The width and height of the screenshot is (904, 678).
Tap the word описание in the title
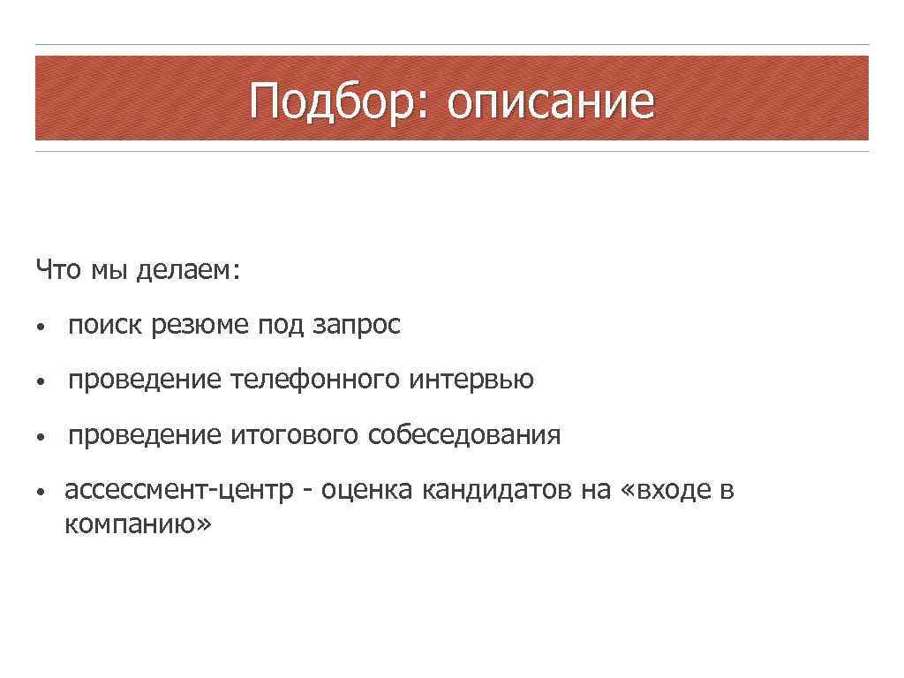point(551,101)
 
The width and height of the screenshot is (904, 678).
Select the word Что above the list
point(57,269)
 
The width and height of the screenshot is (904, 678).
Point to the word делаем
point(187,269)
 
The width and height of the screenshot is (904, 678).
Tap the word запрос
point(357,325)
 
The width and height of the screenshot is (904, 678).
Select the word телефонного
point(316,380)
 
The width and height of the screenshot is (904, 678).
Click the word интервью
point(471,380)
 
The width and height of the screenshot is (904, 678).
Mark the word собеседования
point(464,434)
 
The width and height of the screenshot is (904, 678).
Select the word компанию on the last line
point(138,524)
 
